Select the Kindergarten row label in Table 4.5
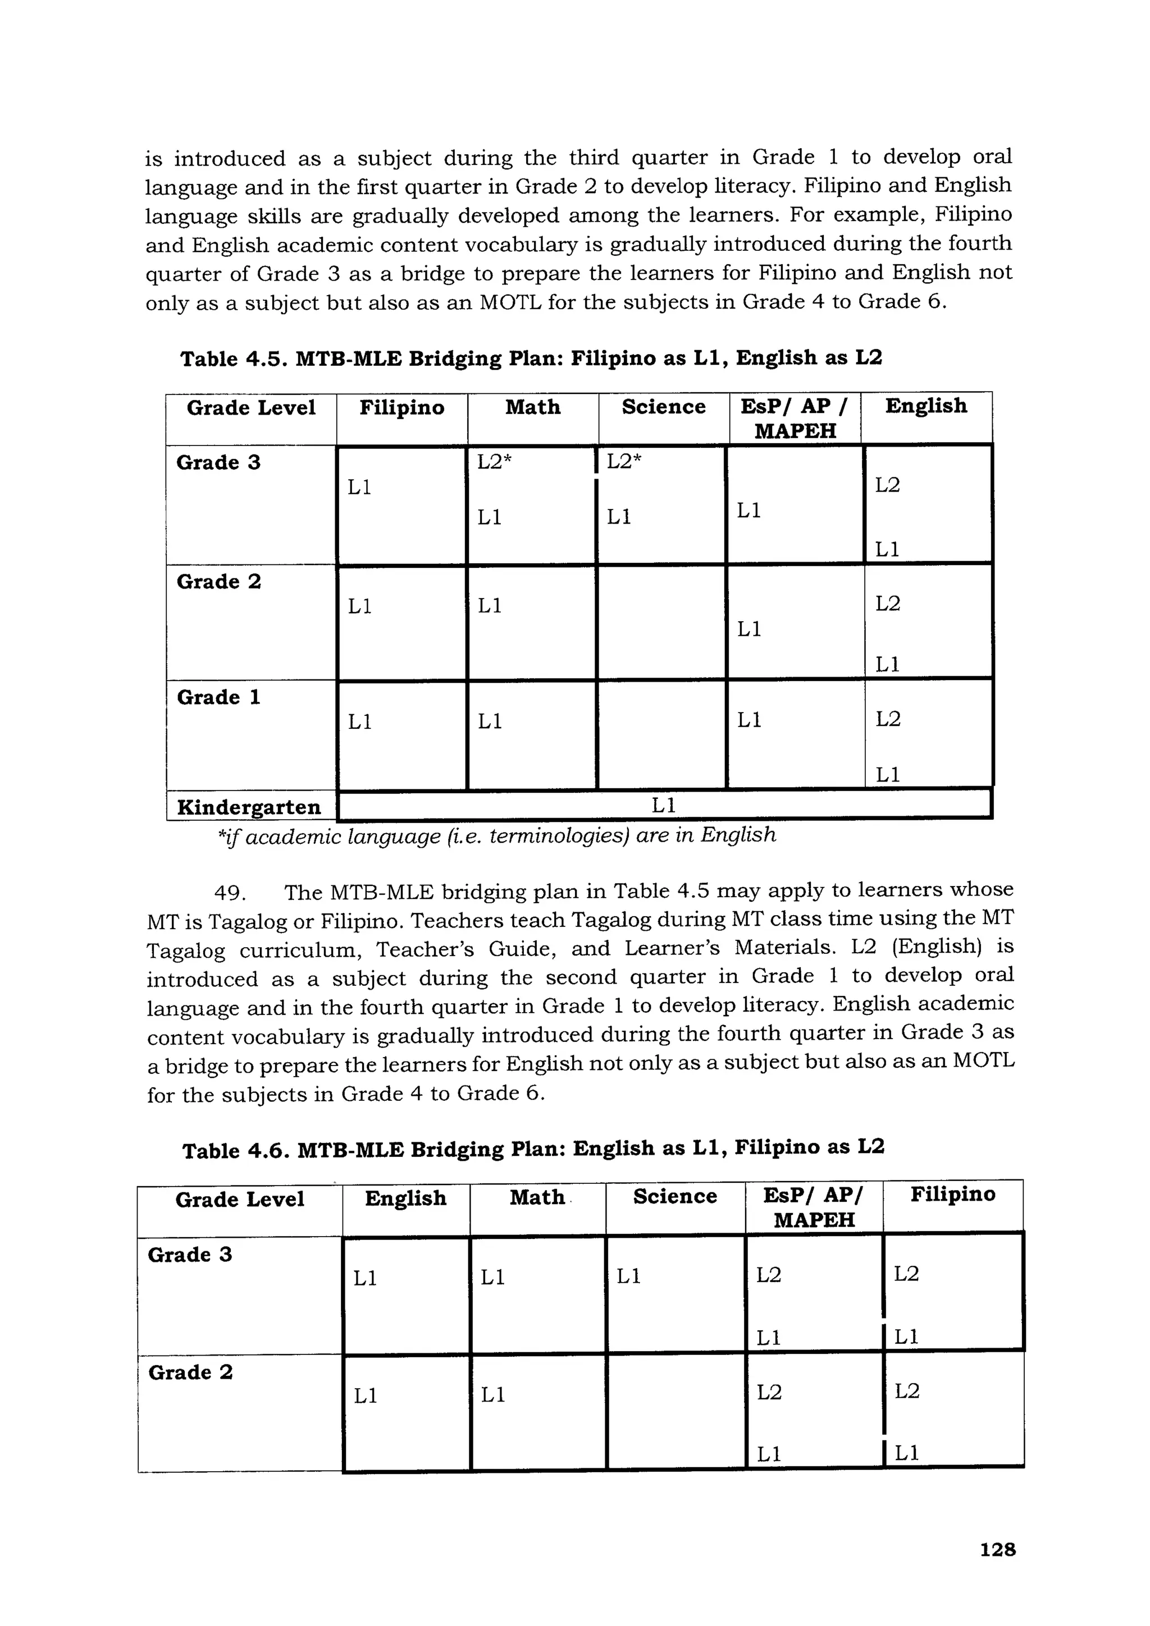tap(248, 807)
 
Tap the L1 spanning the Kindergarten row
tap(663, 805)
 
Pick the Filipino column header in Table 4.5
tap(401, 407)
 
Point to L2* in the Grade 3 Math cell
tap(494, 462)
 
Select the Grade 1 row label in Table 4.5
tap(218, 697)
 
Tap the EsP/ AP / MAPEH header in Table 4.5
tap(795, 418)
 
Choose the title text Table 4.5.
tap(531, 359)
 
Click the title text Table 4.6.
tap(533, 1149)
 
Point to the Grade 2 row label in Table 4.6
tap(190, 1372)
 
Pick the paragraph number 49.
tap(230, 892)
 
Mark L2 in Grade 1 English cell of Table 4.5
tap(887, 719)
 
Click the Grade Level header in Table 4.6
tap(240, 1200)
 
